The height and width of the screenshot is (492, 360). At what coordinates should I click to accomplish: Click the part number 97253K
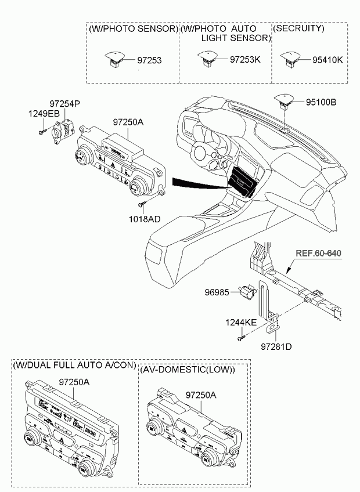click(x=245, y=59)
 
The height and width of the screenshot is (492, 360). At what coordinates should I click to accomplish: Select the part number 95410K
click(x=327, y=60)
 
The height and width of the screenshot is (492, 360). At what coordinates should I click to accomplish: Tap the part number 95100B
click(x=321, y=102)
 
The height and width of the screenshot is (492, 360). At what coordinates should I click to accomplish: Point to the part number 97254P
click(x=64, y=104)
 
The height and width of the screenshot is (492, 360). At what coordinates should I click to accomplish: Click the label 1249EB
click(x=44, y=114)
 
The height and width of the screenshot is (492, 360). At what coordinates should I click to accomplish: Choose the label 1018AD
click(x=145, y=219)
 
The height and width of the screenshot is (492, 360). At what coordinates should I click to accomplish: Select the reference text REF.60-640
click(x=318, y=253)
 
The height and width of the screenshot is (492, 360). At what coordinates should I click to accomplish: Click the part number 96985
click(x=217, y=293)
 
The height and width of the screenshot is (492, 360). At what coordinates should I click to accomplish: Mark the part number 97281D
click(x=276, y=347)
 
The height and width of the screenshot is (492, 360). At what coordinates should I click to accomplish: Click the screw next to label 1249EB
click(x=42, y=132)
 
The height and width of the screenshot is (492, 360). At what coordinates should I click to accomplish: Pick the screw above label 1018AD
click(x=141, y=204)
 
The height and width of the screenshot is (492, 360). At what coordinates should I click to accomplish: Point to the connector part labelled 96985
click(x=248, y=291)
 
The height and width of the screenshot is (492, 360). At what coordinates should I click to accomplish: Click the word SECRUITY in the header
click(x=299, y=28)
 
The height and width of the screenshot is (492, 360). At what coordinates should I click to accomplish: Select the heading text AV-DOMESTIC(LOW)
click(x=188, y=370)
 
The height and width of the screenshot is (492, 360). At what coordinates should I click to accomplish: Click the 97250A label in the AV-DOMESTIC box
click(x=201, y=395)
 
